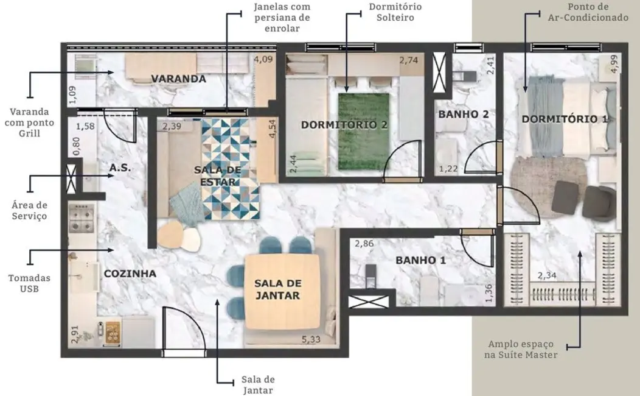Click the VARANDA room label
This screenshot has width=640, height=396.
pyautogui.click(x=178, y=79)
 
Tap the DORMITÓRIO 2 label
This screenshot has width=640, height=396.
pyautogui.click(x=344, y=125)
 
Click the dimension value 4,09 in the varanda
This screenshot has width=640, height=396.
pyautogui.click(x=263, y=60)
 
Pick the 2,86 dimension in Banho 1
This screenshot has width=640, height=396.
pyautogui.click(x=364, y=244)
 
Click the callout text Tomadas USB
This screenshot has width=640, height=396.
pyautogui.click(x=29, y=283)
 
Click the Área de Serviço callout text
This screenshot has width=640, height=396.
pyautogui.click(x=29, y=211)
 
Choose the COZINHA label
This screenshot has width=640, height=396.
pyautogui.click(x=130, y=274)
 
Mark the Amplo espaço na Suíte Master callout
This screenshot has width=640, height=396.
pyautogui.click(x=521, y=349)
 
